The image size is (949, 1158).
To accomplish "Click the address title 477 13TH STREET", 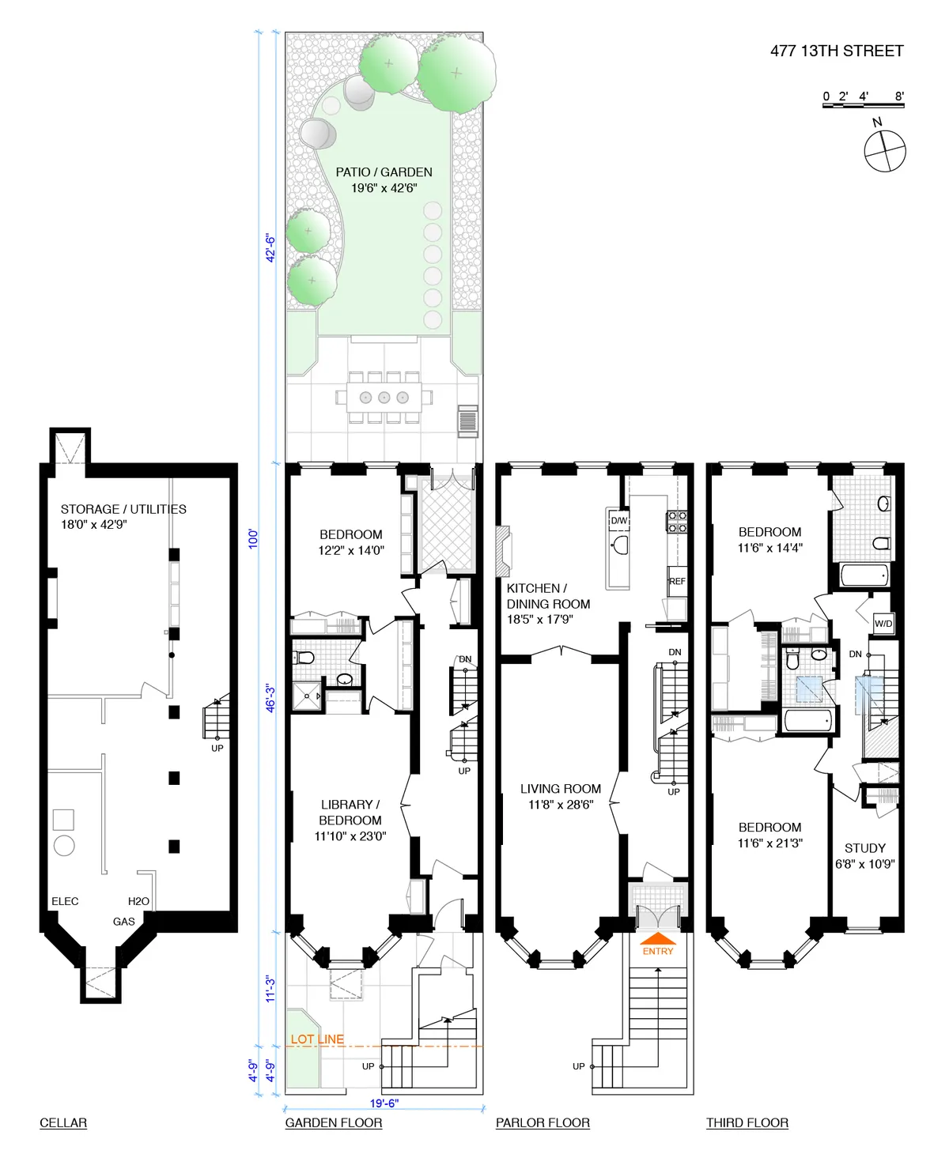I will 837,51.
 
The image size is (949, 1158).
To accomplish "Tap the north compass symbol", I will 884,149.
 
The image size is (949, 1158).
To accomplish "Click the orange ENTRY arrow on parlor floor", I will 658,941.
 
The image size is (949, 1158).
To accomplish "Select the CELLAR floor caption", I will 63,1122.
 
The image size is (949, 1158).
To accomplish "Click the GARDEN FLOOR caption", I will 334,1122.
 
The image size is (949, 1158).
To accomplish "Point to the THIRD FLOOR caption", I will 747,1122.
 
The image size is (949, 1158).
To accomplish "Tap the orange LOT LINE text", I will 317,1039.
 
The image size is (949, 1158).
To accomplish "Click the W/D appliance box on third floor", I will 883,623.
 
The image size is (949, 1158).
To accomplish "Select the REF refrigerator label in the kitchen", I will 677,581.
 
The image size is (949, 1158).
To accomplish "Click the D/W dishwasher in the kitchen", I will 618,520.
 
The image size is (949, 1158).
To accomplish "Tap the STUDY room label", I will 864,848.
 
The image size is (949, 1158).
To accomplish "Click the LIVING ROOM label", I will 561,789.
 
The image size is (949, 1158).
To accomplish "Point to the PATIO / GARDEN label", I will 384,172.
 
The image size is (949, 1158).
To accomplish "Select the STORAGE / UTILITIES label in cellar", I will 123,509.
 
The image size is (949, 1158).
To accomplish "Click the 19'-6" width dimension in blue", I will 384,1103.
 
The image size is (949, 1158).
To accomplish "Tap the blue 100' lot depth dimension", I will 254,539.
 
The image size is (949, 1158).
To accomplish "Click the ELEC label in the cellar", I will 65,901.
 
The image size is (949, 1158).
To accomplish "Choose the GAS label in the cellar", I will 124,921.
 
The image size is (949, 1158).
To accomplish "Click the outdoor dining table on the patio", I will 384,397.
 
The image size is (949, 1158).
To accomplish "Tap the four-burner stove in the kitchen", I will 677,522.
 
